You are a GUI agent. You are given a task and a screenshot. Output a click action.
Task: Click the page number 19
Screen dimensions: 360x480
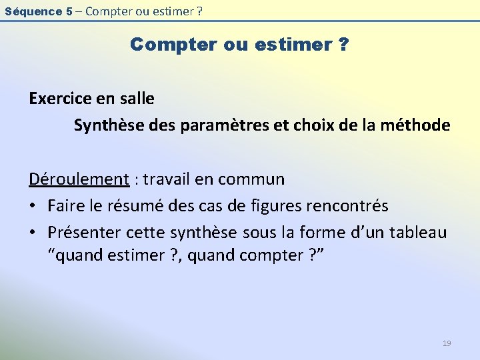click(447, 343)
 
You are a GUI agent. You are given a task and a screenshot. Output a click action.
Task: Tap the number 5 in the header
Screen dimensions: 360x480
click(70, 11)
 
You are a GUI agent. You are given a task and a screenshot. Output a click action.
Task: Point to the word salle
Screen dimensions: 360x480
click(137, 99)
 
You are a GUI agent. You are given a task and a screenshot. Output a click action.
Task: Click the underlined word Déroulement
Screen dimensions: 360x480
click(79, 179)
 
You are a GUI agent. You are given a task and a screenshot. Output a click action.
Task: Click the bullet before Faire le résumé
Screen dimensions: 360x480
click(33, 206)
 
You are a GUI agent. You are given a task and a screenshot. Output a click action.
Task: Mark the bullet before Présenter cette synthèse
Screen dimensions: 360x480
click(33, 233)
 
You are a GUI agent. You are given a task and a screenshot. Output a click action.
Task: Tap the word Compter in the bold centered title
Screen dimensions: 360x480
click(169, 45)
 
